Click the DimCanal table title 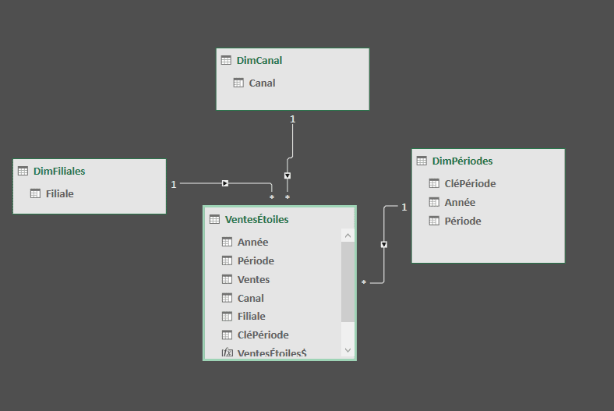click(259, 60)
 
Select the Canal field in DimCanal click(262, 83)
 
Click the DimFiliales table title click(59, 171)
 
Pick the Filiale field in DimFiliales click(59, 193)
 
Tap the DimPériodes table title click(462, 161)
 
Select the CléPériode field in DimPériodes click(470, 183)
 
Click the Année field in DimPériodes click(460, 202)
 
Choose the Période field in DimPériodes click(463, 221)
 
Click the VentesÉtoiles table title click(256, 219)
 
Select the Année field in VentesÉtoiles click(252, 242)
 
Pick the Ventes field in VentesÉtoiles click(253, 279)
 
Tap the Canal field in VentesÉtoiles click(250, 298)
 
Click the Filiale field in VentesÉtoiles click(251, 316)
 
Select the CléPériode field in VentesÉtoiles click(263, 335)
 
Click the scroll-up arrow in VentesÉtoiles click(348, 236)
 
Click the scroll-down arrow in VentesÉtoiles click(348, 350)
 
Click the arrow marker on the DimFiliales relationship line click(225, 183)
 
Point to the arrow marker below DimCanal click(288, 175)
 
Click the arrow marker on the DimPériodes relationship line click(383, 244)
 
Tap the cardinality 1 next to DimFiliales click(174, 184)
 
